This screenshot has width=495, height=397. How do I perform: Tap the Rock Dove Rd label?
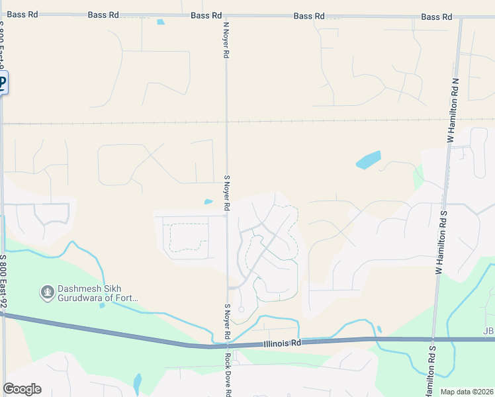[227, 374]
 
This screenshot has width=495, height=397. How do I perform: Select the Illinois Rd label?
[281, 343]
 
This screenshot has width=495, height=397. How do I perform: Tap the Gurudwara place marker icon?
[47, 292]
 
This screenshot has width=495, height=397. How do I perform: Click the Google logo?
[22, 389]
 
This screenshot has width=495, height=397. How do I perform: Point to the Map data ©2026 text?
[467, 392]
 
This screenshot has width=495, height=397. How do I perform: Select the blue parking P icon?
[3, 84]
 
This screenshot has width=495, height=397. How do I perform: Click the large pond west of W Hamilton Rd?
[369, 160]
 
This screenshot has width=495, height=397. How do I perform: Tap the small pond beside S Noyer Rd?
[208, 202]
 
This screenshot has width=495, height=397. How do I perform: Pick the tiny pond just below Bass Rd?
[161, 22]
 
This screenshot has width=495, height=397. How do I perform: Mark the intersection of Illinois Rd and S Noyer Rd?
[227, 345]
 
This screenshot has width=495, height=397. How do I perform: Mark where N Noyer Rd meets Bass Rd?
[226, 15]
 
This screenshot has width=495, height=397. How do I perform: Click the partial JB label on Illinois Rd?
[489, 331]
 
